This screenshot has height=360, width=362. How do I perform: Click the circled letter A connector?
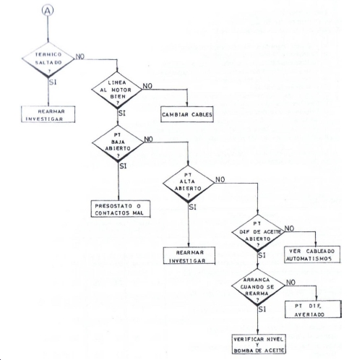point(48,10)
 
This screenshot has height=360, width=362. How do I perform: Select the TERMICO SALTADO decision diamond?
point(48,59)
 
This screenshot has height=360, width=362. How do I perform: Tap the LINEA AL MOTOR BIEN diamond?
point(117,90)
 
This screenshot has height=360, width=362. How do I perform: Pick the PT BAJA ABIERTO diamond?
point(118,142)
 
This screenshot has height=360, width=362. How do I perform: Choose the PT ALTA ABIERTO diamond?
point(189,184)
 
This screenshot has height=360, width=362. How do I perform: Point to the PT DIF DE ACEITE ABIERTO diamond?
point(258,232)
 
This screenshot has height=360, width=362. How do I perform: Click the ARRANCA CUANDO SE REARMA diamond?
point(258,286)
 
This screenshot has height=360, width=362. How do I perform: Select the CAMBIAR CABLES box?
point(187,114)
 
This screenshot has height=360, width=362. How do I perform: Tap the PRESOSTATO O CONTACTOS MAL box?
point(121,209)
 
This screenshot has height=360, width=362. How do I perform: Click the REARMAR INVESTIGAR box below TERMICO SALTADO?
point(48,114)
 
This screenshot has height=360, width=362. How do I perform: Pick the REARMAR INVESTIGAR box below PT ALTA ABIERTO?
point(189,255)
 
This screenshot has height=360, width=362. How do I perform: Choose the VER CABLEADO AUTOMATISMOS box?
point(312,254)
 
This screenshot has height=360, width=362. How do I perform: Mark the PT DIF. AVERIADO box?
point(313,309)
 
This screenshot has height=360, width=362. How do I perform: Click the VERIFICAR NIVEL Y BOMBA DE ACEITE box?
point(259,344)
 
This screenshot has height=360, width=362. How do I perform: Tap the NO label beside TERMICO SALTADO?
point(80,56)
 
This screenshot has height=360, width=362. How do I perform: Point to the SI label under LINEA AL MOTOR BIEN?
point(122,113)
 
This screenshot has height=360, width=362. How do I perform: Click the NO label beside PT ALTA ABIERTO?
point(220,179)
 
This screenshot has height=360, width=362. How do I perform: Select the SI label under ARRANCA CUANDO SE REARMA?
point(262,309)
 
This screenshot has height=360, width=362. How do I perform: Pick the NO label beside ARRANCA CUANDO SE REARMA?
point(290,282)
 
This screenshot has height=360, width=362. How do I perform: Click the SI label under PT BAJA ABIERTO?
point(123,166)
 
